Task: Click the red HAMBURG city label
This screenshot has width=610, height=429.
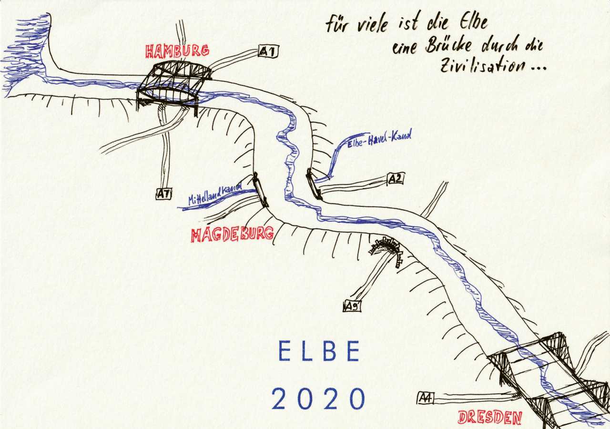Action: coord(177,51)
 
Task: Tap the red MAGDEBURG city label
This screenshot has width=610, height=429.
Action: coord(232,235)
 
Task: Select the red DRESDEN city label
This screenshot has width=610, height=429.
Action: coord(489,418)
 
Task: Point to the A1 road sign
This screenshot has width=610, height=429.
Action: coord(268,51)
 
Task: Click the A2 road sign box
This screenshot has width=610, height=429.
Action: coord(396,179)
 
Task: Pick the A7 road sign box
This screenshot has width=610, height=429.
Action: coord(163,194)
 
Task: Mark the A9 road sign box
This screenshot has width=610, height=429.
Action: coord(352,306)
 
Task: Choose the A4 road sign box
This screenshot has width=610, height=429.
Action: coord(425,398)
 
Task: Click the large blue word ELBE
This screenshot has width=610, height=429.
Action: coord(319,352)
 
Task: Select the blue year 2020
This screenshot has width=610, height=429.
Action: coord(319,398)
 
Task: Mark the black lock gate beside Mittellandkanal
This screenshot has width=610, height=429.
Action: coord(261,190)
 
